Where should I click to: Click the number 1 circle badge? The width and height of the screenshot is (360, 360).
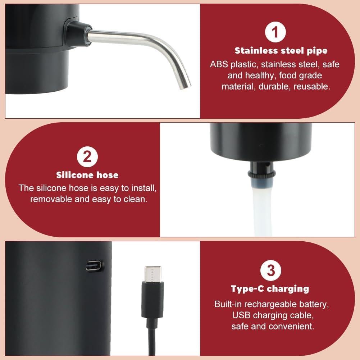[276, 32]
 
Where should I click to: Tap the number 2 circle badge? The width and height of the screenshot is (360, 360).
[87, 157]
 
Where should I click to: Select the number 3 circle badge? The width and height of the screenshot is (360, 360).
[270, 270]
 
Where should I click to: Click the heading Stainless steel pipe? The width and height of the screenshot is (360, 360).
[281, 51]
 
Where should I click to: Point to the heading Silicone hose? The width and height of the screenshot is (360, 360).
[87, 175]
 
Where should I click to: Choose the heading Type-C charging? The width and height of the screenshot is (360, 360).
[270, 288]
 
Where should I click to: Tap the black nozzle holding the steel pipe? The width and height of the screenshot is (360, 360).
[77, 28]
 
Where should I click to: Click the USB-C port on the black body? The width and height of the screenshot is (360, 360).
[95, 266]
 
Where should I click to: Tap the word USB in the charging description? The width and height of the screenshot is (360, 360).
[240, 315]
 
